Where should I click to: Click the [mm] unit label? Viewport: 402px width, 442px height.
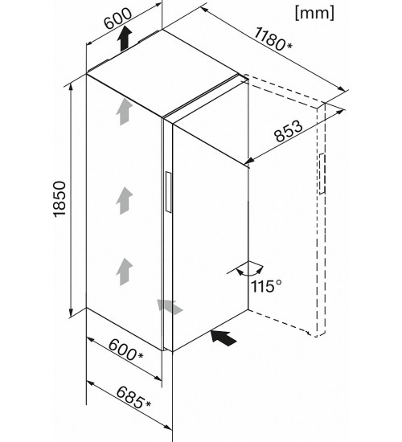(314, 13)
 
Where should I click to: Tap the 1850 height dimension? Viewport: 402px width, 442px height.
(59, 199)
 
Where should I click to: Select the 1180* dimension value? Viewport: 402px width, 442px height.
(273, 39)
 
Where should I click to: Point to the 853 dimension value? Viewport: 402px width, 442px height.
(289, 131)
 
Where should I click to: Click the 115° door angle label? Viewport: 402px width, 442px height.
(266, 286)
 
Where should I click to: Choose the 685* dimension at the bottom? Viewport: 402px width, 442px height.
(133, 398)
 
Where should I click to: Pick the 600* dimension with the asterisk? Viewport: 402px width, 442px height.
(125, 350)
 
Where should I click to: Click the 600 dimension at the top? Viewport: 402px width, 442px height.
(118, 18)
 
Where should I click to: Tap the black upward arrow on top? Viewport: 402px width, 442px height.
(125, 39)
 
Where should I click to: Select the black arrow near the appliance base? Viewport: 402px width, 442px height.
(224, 338)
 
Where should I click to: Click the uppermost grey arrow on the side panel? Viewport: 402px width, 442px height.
(124, 113)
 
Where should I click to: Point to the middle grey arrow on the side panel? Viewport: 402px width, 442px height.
(124, 201)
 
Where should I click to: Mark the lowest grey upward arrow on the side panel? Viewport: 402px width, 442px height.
(124, 272)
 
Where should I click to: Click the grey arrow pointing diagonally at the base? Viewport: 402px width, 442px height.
(170, 307)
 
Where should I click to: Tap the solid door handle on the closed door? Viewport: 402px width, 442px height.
(168, 192)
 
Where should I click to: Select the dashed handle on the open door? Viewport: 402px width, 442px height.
(322, 174)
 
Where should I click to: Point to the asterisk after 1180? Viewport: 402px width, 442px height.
(289, 45)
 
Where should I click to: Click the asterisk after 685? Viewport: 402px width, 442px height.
(148, 404)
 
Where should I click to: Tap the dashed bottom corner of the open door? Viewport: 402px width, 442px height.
(316, 336)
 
